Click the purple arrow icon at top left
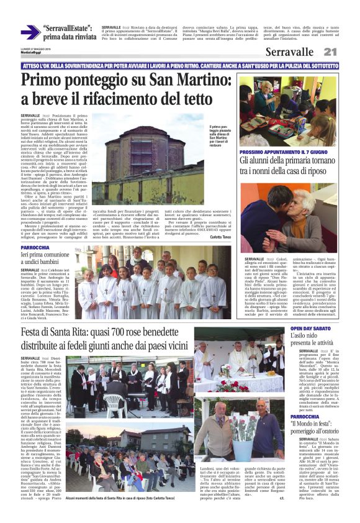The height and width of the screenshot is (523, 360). click(30, 32)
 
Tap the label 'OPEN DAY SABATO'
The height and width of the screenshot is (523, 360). click(313, 328)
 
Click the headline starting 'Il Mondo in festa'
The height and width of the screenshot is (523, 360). click(313, 432)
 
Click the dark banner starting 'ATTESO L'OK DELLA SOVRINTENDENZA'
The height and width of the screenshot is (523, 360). click(179, 65)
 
